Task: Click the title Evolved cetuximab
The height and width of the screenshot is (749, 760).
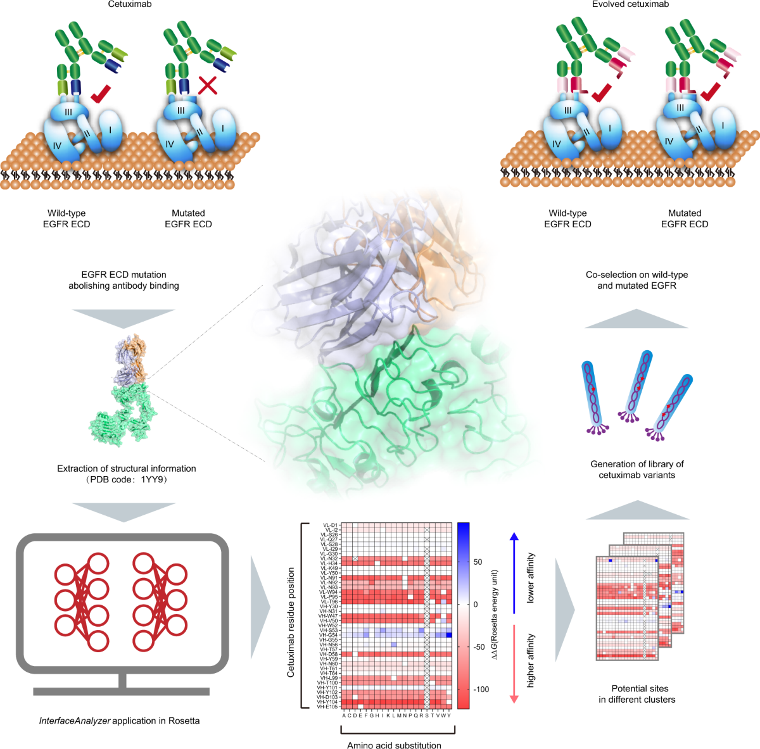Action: [x=630, y=4]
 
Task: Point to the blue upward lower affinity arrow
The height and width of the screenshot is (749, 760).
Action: [x=514, y=573]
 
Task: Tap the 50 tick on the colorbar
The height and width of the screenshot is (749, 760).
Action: [x=478, y=562]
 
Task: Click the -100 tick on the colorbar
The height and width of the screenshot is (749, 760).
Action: [x=481, y=689]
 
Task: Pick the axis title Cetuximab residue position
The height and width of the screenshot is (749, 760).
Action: [x=291, y=622]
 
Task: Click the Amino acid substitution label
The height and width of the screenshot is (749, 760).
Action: [x=394, y=745]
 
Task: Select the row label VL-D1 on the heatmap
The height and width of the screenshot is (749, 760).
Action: [x=331, y=526]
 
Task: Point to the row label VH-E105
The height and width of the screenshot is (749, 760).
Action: [x=329, y=707]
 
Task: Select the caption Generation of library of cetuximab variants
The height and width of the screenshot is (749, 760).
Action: [x=636, y=469]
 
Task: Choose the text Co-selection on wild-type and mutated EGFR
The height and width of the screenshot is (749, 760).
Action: [x=636, y=280]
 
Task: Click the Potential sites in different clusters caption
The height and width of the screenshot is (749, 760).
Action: [x=639, y=694]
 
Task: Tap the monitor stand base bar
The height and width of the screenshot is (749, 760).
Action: [x=122, y=691]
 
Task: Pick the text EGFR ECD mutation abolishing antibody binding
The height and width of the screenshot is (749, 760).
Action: [x=123, y=280]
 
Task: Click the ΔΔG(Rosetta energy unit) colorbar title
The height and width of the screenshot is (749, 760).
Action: [x=495, y=615]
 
